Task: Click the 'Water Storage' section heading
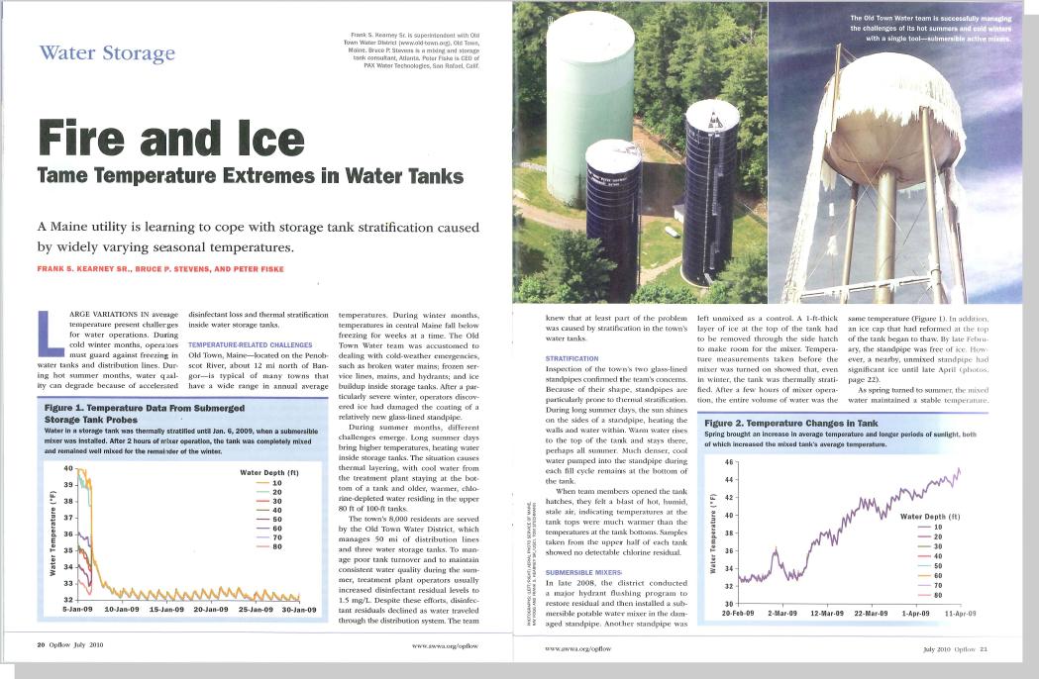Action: point(107,52)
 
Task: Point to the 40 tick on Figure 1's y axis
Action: point(67,467)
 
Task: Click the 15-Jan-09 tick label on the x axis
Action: point(167,609)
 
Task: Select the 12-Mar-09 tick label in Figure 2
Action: point(827,614)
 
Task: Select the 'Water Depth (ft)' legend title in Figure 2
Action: point(929,516)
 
